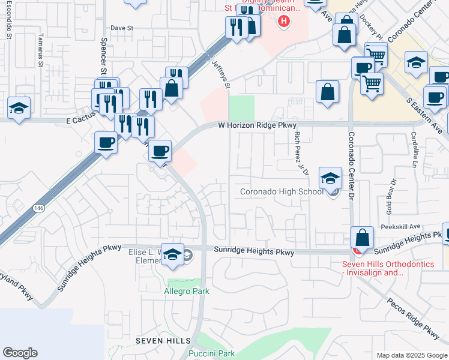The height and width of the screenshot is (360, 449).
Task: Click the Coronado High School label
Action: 281,192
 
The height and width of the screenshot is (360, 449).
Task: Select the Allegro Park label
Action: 187,292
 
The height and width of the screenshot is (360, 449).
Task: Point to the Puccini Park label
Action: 212,353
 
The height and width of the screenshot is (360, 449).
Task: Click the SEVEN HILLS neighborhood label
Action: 163,340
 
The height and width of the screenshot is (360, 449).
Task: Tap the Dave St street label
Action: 121,28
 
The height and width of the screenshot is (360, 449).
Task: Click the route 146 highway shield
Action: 38,207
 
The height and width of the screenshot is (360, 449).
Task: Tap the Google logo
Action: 20,353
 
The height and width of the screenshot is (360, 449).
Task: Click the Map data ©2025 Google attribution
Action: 411,355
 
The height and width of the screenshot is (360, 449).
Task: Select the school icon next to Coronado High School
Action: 330,178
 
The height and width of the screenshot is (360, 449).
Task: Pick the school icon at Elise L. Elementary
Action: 172,254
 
